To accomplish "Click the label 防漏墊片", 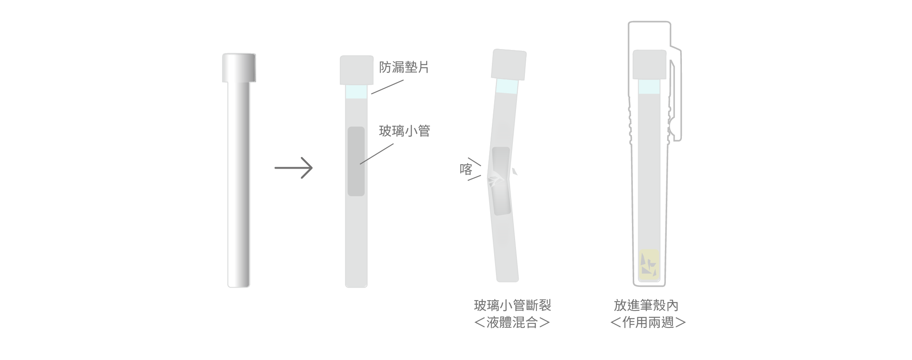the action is coord(404,67).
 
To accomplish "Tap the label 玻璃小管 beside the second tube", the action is coord(404,131).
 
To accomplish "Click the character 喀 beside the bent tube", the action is coord(466,170).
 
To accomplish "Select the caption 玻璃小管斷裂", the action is coord(512,306).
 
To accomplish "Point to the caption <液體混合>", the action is coord(512,323).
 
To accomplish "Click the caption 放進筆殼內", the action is coord(646,306).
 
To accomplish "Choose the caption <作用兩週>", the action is coord(648,323).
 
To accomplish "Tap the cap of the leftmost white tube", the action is coord(239,67).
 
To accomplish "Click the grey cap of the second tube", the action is coord(356,70).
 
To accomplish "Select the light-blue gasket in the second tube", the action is coord(356,91).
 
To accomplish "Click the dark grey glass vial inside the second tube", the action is coord(356,161).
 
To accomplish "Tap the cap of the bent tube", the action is coord(509,65).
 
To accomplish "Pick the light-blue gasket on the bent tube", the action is coord(507,87).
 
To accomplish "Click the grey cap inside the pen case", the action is coord(649,65).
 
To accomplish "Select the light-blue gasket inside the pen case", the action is coord(649,87).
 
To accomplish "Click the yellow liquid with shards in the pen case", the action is coord(649,265).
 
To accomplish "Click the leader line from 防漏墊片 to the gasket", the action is coord(387,87).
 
